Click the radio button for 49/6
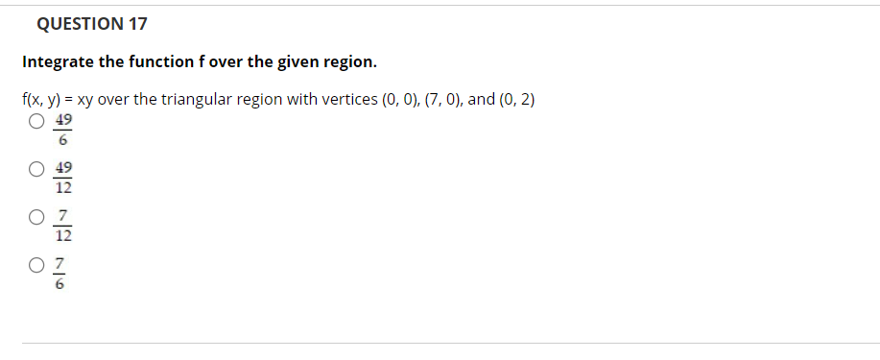[36, 122]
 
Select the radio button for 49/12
[36, 170]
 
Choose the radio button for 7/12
[36, 217]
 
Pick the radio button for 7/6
[36, 264]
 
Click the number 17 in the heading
[136, 23]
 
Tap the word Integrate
[58, 62]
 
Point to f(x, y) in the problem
[42, 100]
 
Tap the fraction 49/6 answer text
[64, 131]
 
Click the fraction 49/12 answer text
[64, 178]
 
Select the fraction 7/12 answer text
[64, 225]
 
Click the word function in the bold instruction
[163, 62]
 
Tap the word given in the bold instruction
[299, 62]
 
